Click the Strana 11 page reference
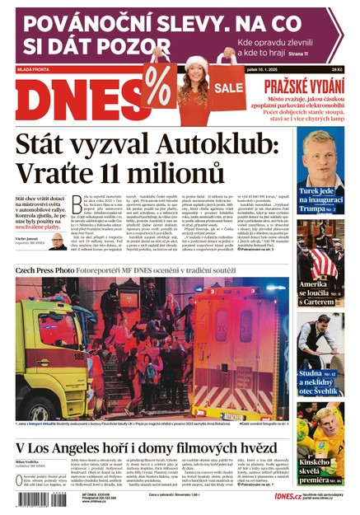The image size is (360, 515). click(x=317, y=54)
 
